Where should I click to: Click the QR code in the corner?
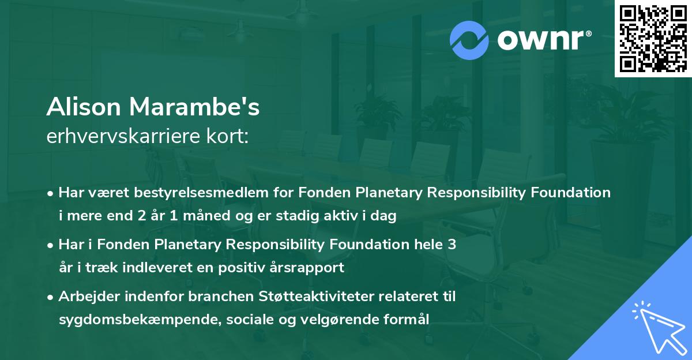(653, 39)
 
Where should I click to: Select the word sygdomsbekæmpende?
(126, 320)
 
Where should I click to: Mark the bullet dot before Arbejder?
(51, 297)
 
